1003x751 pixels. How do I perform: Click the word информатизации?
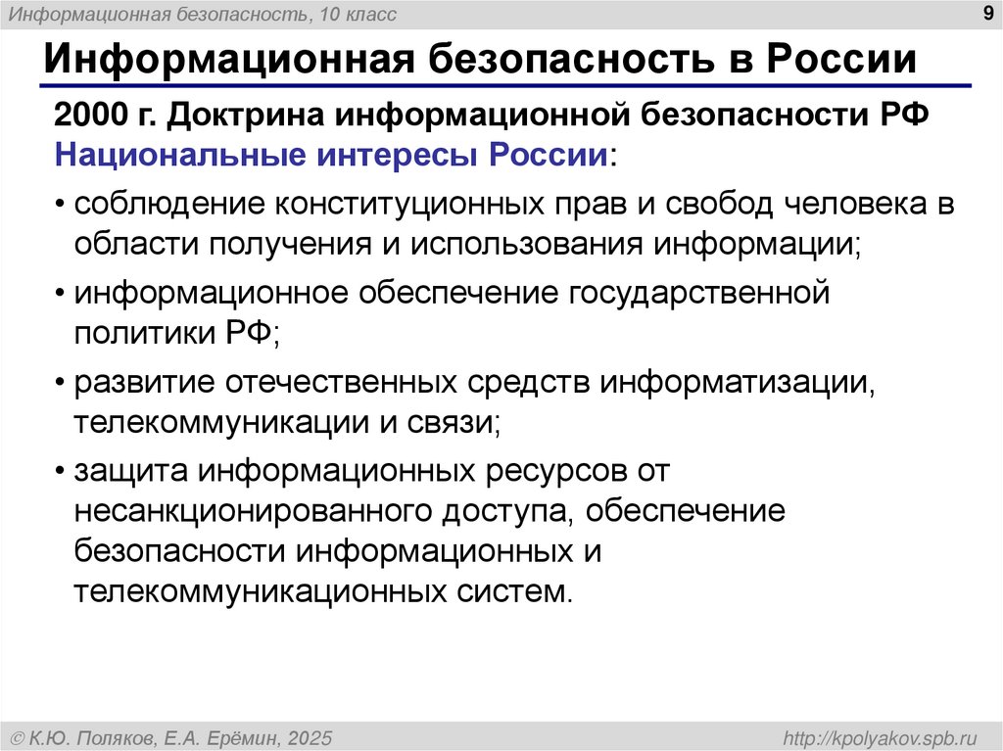pos(736,382)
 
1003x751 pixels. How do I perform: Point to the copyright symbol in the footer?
pos(17,736)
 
